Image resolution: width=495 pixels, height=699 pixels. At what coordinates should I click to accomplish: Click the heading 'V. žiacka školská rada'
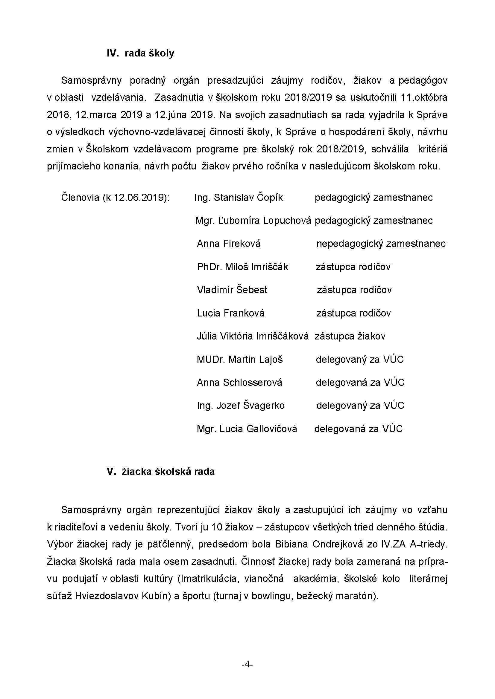pyautogui.click(x=161, y=472)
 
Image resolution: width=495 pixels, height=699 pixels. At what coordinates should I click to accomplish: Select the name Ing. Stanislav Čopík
pyautogui.click(x=238, y=198)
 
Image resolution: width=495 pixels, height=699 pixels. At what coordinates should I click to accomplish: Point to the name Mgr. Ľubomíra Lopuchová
pyautogui.click(x=253, y=221)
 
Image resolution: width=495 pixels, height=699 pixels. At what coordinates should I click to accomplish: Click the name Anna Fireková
pyautogui.click(x=229, y=244)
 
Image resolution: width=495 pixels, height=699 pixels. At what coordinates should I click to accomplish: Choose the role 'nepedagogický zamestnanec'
pyautogui.click(x=381, y=244)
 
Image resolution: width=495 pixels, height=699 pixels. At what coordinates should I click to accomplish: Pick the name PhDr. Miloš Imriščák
pyautogui.click(x=243, y=267)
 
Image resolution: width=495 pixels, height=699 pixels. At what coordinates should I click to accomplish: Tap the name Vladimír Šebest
pyautogui.click(x=232, y=290)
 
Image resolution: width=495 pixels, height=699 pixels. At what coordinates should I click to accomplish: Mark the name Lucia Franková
pyautogui.click(x=230, y=313)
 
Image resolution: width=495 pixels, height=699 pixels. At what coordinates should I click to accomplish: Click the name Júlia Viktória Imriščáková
pyautogui.click(x=253, y=336)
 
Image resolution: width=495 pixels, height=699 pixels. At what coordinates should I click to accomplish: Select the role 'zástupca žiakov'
pyautogui.click(x=350, y=336)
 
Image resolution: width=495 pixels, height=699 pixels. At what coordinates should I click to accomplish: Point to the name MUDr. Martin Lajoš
pyautogui.click(x=240, y=360)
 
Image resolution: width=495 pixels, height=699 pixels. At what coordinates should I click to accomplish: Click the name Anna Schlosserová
pyautogui.click(x=239, y=383)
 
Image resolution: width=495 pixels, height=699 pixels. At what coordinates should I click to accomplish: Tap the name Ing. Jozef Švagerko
pyautogui.click(x=241, y=406)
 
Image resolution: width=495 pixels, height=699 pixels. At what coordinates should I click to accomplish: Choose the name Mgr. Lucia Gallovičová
pyautogui.click(x=247, y=429)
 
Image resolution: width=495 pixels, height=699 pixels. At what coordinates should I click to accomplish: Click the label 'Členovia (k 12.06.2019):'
pyautogui.click(x=115, y=198)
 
